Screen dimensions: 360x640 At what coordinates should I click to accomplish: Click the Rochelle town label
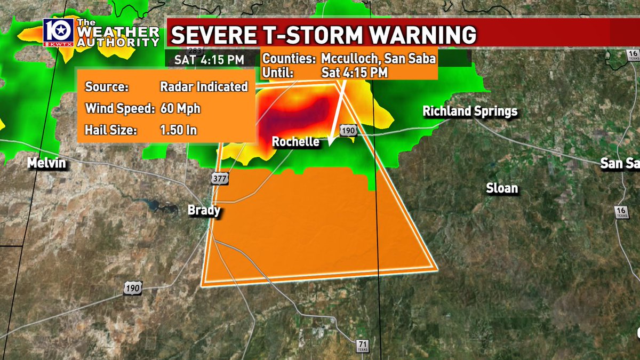click(295, 142)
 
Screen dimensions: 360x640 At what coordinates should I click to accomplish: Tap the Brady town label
click(204, 211)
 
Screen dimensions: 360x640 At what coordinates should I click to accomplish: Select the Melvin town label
click(47, 164)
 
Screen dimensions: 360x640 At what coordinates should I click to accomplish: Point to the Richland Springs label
click(470, 111)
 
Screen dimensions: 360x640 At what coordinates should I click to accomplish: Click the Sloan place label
click(502, 188)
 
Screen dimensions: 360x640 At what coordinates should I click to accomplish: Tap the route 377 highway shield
click(220, 179)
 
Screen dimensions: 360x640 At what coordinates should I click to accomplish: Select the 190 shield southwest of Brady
click(132, 289)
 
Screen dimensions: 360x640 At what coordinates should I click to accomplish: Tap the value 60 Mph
click(180, 109)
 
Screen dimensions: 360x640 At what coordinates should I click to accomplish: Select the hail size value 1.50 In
click(179, 130)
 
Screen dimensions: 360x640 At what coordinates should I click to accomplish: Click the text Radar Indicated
click(204, 87)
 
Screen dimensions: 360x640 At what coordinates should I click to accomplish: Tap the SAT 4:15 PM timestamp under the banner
click(210, 59)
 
